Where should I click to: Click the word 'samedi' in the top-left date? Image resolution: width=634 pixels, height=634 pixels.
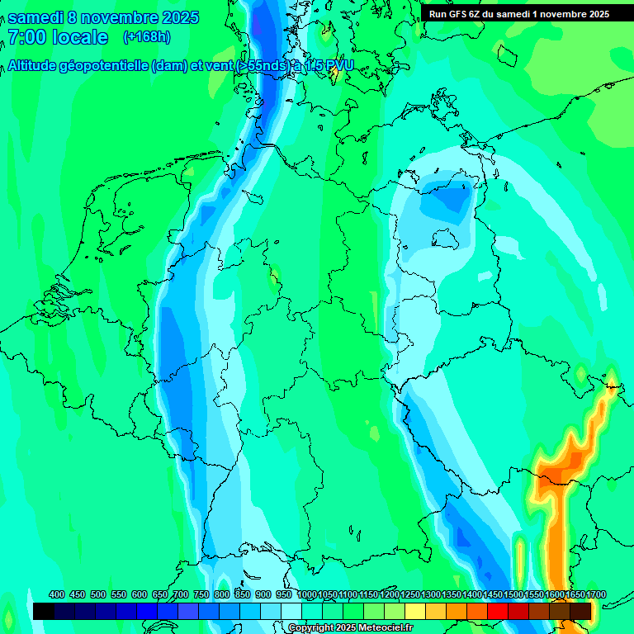pyautogui.click(x=34, y=17)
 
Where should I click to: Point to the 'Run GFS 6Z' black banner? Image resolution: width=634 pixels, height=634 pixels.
pyautogui.click(x=518, y=13)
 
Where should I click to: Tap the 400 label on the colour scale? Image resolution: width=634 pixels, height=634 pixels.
pyautogui.click(x=57, y=595)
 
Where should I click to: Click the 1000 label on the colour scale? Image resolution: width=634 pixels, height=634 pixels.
pyautogui.click(x=306, y=595)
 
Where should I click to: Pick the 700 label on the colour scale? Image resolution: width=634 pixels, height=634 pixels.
pyautogui.click(x=181, y=595)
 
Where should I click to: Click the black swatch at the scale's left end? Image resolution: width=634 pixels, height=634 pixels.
pyautogui.click(x=44, y=611)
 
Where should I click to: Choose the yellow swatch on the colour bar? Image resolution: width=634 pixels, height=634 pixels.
pyautogui.click(x=415, y=611)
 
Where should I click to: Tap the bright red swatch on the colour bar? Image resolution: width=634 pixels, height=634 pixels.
pyautogui.click(x=498, y=611)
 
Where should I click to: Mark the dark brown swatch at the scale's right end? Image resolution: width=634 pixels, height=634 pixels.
pyautogui.click(x=580, y=611)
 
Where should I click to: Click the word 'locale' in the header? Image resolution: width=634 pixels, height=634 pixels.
pyautogui.click(x=80, y=37)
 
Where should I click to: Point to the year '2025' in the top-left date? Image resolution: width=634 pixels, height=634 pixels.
pyautogui.click(x=175, y=17)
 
